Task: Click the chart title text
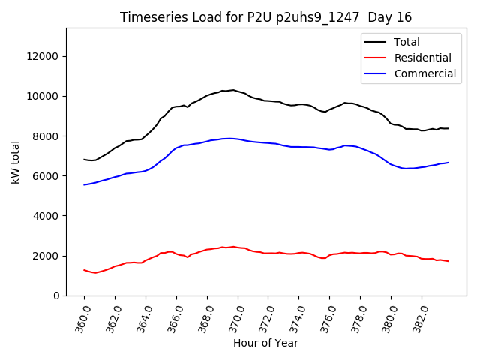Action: click(x=265, y=17)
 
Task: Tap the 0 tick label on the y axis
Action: click(x=57, y=295)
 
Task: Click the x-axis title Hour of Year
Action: click(x=265, y=343)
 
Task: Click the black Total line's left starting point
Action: click(x=84, y=160)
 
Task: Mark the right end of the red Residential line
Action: click(x=448, y=261)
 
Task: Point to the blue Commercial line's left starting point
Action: click(x=84, y=184)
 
